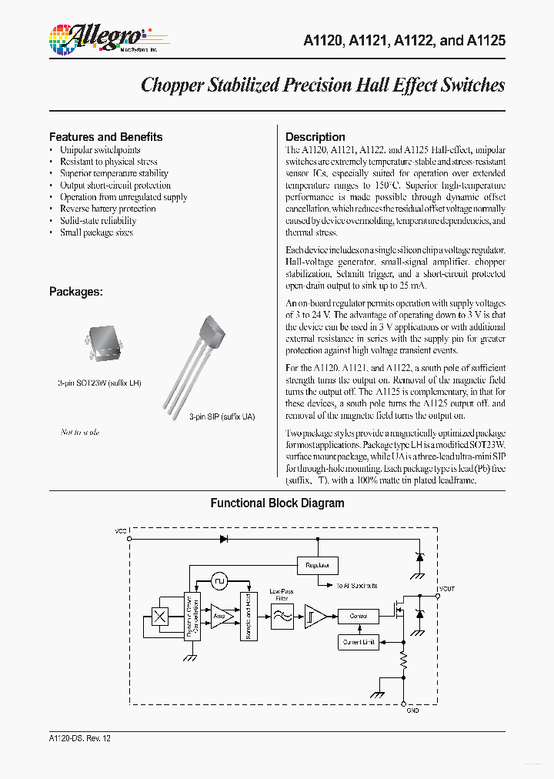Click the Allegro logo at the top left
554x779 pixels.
point(97,38)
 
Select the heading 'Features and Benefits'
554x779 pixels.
point(106,137)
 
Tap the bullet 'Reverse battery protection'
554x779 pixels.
point(108,209)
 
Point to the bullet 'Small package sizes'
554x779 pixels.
point(96,232)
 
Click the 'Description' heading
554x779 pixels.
point(315,137)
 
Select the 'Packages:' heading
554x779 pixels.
point(76,292)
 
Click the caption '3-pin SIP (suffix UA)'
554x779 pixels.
point(222,416)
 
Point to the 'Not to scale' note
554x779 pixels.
point(80,432)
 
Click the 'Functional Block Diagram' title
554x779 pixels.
point(277,503)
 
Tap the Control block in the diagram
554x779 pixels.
point(359,616)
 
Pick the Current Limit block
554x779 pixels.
point(359,641)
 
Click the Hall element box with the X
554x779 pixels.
point(160,616)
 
